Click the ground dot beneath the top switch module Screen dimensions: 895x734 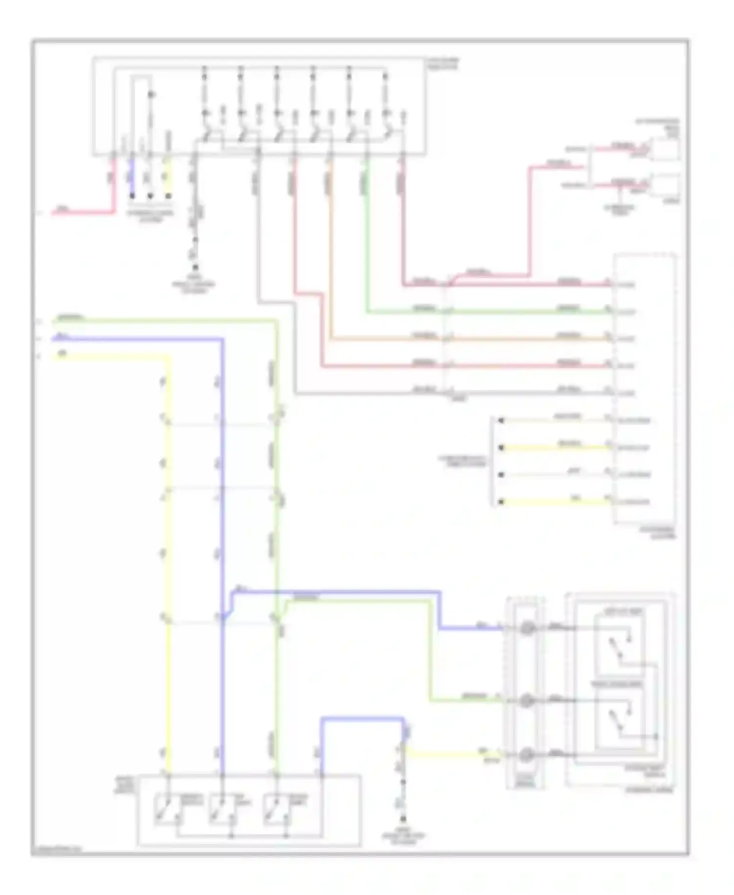[x=195, y=267]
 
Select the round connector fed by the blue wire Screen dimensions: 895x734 [x=527, y=628]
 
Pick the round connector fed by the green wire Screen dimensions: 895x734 [x=527, y=701]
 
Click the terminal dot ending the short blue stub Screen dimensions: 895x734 [x=132, y=195]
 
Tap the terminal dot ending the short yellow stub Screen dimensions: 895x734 [x=169, y=195]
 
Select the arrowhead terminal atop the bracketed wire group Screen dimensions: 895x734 [x=501, y=420]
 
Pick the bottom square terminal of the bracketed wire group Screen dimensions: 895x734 [x=501, y=502]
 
